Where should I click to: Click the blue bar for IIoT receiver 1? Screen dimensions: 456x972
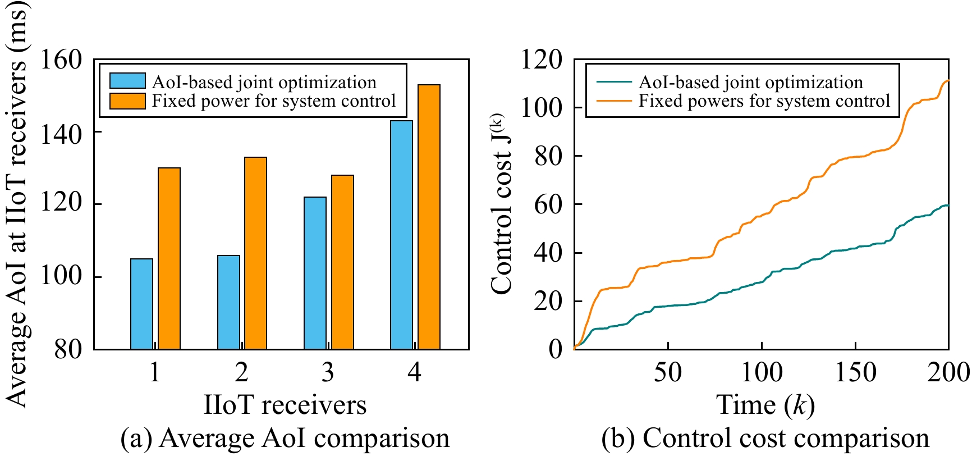pos(141,304)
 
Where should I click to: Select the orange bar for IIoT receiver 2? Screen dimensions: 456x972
pos(255,253)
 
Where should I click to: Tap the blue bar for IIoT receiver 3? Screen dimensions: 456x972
pos(315,273)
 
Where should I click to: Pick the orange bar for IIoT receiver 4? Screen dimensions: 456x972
pos(429,217)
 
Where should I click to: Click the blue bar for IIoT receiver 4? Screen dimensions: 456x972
pos(401,235)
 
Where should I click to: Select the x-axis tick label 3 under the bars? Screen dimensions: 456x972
pos(328,372)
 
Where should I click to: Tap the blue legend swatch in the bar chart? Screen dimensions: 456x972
pos(127,81)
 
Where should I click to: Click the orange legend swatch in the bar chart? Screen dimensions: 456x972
pos(127,101)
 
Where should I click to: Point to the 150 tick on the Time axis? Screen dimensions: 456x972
pos(855,372)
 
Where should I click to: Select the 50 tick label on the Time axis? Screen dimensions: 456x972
pos(668,372)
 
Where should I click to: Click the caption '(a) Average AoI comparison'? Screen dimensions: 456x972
pos(285,439)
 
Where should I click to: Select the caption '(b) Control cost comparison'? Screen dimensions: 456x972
pos(765,439)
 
